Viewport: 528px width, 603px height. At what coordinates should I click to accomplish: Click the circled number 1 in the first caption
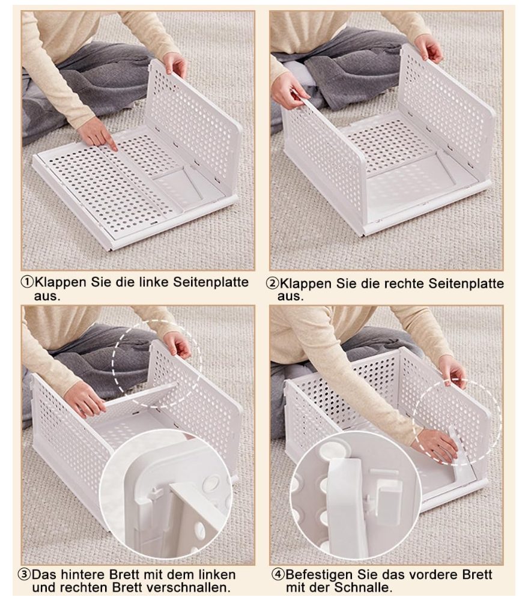(x=27, y=282)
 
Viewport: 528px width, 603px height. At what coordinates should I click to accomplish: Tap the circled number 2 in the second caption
(x=272, y=283)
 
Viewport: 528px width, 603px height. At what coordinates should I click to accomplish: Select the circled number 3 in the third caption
(x=24, y=575)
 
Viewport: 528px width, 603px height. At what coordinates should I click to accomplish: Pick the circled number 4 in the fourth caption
(x=278, y=575)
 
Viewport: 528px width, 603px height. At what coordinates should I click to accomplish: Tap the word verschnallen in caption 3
(x=187, y=587)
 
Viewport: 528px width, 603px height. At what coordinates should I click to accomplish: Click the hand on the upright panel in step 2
(x=429, y=47)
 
